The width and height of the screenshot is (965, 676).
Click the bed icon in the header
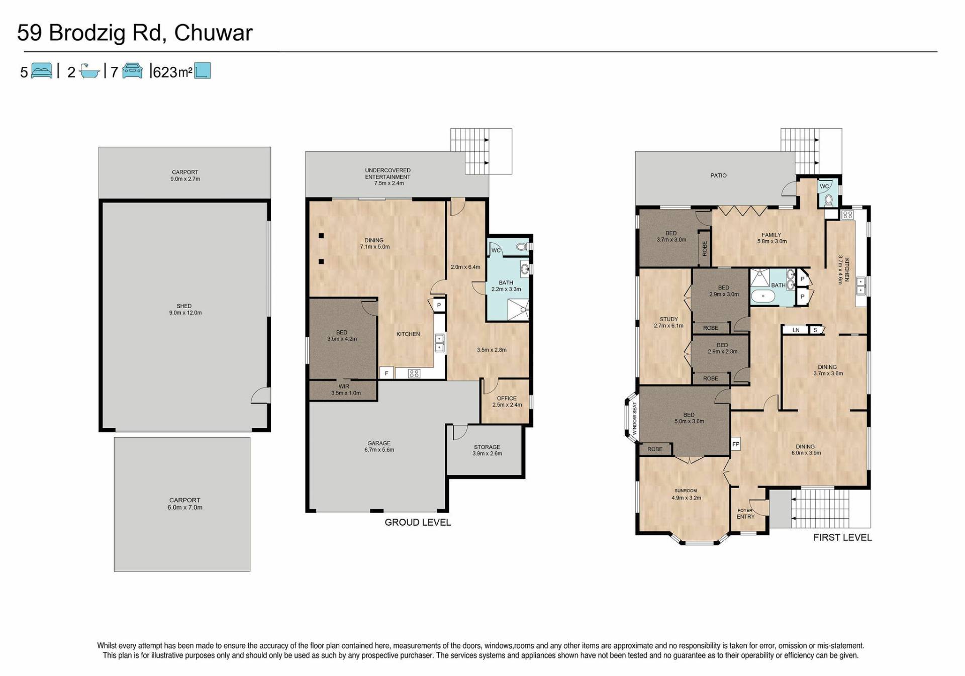click(x=42, y=71)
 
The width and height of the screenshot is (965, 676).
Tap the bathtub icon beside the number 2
click(x=90, y=71)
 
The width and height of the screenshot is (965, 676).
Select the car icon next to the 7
click(x=132, y=71)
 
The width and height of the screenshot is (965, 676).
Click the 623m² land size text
click(x=172, y=72)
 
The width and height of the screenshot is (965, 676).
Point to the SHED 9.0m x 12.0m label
click(x=185, y=309)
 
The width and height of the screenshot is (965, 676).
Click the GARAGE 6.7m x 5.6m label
click(x=379, y=446)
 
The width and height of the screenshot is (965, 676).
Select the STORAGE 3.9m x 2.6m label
click(x=487, y=450)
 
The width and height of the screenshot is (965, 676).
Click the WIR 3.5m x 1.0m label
click(x=345, y=390)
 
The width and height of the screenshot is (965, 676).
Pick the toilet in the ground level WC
click(x=522, y=247)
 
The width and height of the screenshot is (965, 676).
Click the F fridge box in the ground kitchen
click(x=387, y=373)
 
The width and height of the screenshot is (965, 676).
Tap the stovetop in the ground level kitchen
click(x=414, y=373)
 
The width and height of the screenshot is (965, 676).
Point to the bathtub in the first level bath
click(x=763, y=296)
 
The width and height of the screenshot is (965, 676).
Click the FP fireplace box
click(x=736, y=444)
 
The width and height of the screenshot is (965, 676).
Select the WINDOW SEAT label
click(x=635, y=418)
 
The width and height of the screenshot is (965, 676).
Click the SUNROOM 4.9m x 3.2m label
click(x=686, y=494)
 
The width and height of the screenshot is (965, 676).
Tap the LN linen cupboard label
click(x=796, y=330)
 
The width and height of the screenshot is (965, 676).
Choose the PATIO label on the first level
click(x=718, y=175)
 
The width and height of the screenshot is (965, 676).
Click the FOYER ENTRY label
click(x=745, y=513)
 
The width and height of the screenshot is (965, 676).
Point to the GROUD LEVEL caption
click(x=418, y=522)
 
